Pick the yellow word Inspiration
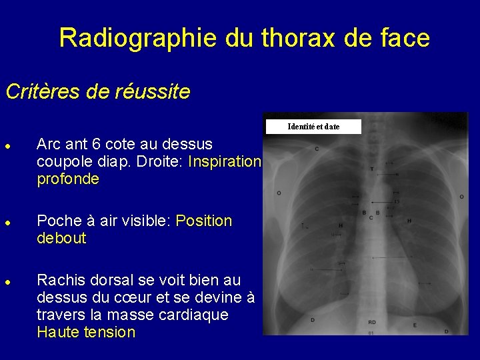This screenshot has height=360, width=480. coord(225,161)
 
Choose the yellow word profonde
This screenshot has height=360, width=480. coord(68,179)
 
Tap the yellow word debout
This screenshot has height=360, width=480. coord(61,238)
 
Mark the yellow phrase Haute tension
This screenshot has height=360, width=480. coord(86,332)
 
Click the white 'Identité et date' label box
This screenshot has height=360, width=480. coord(313,127)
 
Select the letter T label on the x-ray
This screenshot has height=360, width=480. coord(372,169)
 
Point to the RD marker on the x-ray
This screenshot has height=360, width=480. coord(371,322)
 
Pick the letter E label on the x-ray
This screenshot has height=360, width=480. coord(415,325)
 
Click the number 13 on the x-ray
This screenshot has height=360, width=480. coord(396,201)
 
